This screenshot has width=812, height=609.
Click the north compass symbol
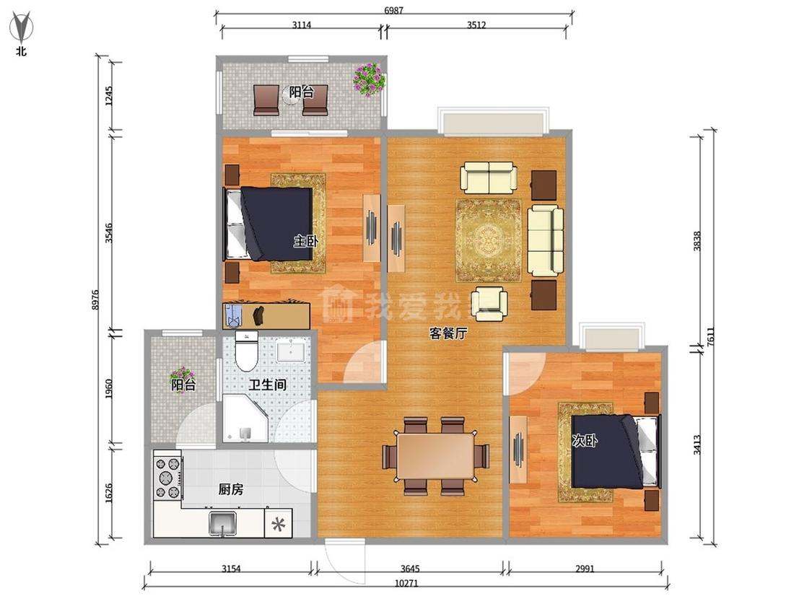click(x=21, y=28)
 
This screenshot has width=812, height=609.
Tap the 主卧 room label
click(x=306, y=241)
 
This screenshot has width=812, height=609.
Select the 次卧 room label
click(x=584, y=440)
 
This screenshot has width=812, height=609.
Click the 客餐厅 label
click(x=448, y=333)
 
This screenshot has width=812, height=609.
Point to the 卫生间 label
click(x=267, y=385)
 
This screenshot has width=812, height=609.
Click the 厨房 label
click(x=230, y=488)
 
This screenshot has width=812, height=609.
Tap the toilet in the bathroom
click(x=247, y=351)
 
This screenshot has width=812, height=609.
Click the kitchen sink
click(x=223, y=523)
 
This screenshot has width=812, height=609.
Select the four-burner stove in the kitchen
click(x=167, y=477)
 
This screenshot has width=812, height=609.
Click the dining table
click(x=435, y=456)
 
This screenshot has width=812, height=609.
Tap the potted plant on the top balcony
click(x=369, y=79)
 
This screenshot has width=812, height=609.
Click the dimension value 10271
click(x=406, y=583)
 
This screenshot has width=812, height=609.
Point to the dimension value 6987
click(x=393, y=10)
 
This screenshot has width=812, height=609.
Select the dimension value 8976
click(x=95, y=299)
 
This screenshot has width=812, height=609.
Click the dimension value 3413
click(x=697, y=444)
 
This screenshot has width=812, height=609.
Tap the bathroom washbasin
click(x=292, y=349)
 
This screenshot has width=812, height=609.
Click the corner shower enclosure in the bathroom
click(x=245, y=419)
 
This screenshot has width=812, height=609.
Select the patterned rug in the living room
click(x=489, y=241)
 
